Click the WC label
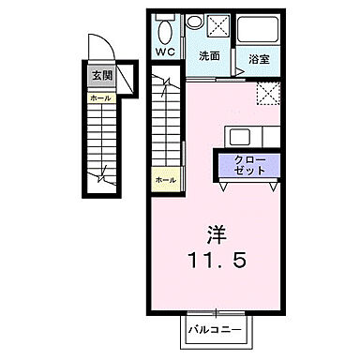(x=165, y=52)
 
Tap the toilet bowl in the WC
(x=165, y=26)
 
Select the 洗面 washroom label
(x=209, y=56)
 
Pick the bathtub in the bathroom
(x=255, y=31)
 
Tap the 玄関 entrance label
(x=98, y=76)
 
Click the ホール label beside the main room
(x=165, y=178)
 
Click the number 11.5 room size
(x=222, y=261)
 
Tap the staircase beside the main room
(x=165, y=122)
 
